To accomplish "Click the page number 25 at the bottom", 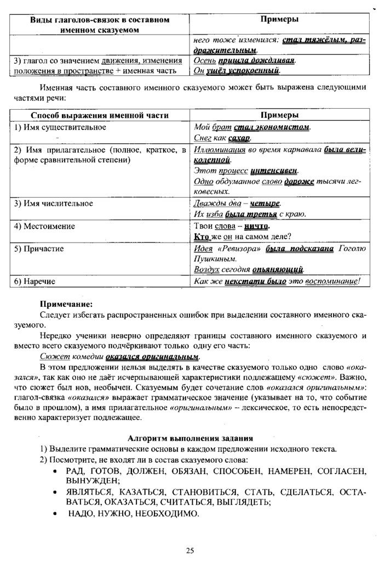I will tap(190, 550).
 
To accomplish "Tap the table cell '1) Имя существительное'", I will tap(60, 127).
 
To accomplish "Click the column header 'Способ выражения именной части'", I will tap(99, 115).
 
